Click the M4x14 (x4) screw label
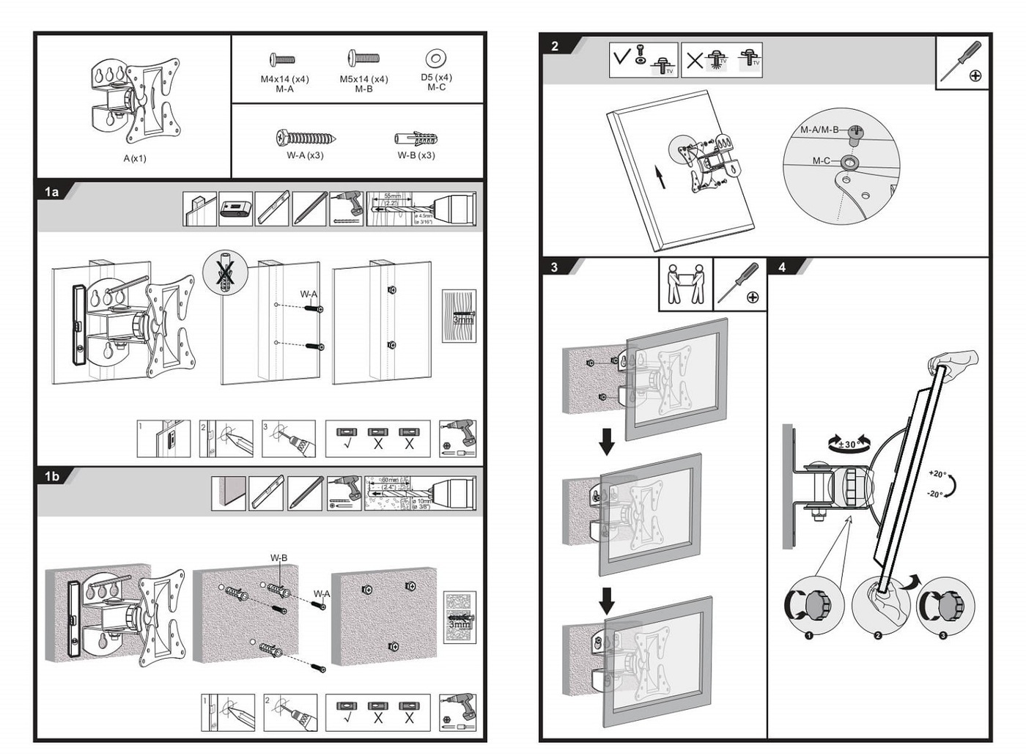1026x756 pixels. [x=284, y=79]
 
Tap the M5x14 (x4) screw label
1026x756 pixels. [x=363, y=79]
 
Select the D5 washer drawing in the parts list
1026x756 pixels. [x=436, y=58]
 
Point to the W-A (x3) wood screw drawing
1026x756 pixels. [x=306, y=137]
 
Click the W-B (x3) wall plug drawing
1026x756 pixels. [x=416, y=138]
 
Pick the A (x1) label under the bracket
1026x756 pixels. [x=135, y=158]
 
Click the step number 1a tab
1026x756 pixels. [x=51, y=192]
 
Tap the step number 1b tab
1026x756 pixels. [x=51, y=476]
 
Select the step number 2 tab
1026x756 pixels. [x=555, y=46]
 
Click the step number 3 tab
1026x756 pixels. [x=554, y=267]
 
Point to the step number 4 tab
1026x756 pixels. [x=782, y=267]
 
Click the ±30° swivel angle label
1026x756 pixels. [x=849, y=444]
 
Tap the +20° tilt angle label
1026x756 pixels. [x=937, y=474]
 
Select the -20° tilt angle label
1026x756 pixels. [x=934, y=494]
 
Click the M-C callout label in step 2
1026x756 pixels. [x=821, y=160]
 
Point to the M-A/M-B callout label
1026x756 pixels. [x=819, y=130]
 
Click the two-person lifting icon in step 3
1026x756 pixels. [x=685, y=284]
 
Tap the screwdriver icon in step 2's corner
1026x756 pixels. [x=962, y=62]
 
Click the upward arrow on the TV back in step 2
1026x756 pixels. [x=660, y=177]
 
